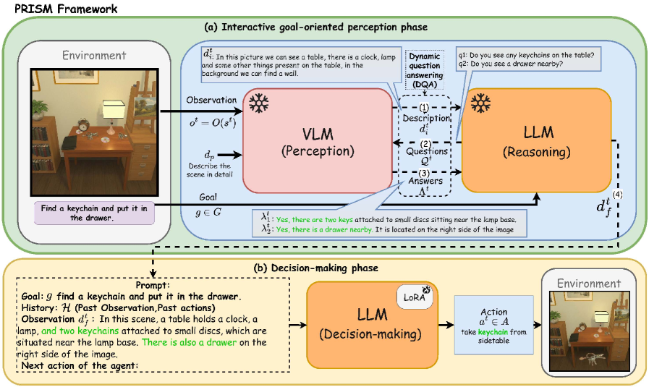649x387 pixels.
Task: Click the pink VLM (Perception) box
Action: click(318, 141)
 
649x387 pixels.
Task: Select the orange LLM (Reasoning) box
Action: click(536, 141)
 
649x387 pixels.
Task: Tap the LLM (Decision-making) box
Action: click(372, 325)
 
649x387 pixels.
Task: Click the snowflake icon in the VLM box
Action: click(259, 103)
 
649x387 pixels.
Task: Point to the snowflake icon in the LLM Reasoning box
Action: click(480, 103)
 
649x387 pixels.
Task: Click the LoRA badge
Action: click(415, 297)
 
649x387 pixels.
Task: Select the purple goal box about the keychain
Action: click(94, 213)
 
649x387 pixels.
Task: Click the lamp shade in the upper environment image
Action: click(114, 110)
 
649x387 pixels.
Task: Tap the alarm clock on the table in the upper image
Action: click(84, 124)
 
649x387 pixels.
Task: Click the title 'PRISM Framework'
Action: click(67, 9)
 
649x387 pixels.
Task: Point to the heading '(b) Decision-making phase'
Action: click(315, 268)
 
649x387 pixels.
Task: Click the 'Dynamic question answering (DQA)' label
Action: click(424, 70)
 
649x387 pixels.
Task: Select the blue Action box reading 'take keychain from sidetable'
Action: click(493, 325)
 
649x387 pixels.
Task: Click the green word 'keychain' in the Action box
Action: click(493, 332)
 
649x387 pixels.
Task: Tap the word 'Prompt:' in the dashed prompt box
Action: click(153, 285)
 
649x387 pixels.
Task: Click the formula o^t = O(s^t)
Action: click(213, 122)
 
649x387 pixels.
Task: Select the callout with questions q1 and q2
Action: click(528, 59)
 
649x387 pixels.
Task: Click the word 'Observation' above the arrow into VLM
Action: click(211, 100)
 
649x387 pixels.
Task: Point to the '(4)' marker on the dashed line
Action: click(617, 194)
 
